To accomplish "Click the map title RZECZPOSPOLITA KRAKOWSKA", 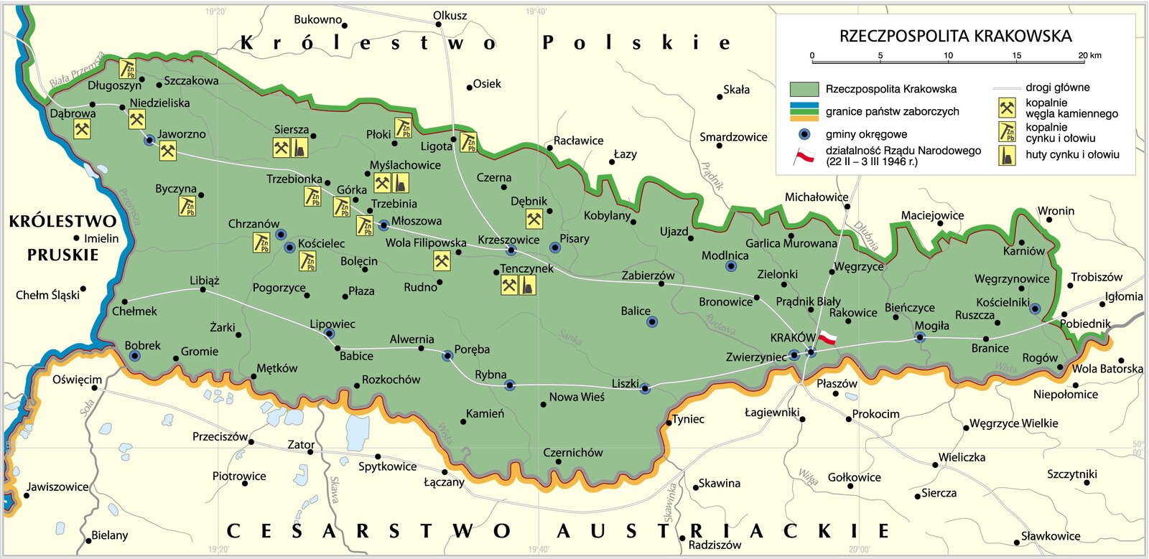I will [x=955, y=36].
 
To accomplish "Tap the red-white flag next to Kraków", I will [x=828, y=337].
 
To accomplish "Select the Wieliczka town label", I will [x=962, y=457].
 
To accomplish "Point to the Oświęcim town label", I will [x=77, y=380].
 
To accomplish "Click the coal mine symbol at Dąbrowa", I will [x=83, y=130].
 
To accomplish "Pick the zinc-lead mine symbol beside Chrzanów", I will [x=261, y=243].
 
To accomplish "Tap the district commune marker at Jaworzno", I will [x=149, y=140].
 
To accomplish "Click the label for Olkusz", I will [x=450, y=16].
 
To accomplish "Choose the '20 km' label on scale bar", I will [x=1089, y=55].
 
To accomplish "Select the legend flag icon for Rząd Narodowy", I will [x=804, y=156].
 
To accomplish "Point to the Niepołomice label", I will [x=1065, y=394].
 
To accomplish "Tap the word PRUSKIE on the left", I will [x=63, y=255].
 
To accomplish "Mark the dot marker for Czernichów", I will [x=558, y=461].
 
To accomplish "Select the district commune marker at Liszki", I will [x=644, y=388].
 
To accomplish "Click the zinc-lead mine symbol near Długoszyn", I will [x=128, y=69].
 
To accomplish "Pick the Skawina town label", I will [x=719, y=483].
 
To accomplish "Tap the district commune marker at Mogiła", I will [x=920, y=337].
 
